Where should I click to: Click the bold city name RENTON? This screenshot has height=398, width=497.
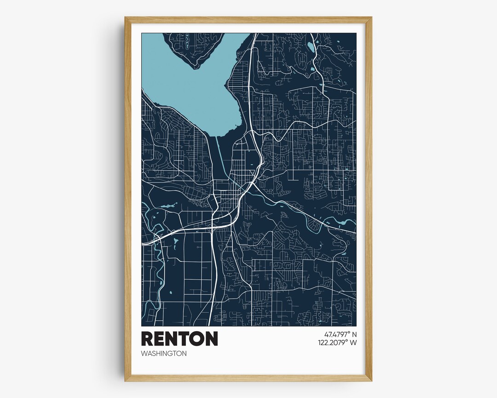[179, 339]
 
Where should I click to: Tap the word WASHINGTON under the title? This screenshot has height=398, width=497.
[164, 354]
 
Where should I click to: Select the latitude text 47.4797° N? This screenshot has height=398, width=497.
[337, 334]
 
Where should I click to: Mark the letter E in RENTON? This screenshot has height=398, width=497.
[159, 339]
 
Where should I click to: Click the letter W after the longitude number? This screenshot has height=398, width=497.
[353, 343]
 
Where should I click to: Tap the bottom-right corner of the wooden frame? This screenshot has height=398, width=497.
[371, 380]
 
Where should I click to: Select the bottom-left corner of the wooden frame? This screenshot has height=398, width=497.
[126, 380]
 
